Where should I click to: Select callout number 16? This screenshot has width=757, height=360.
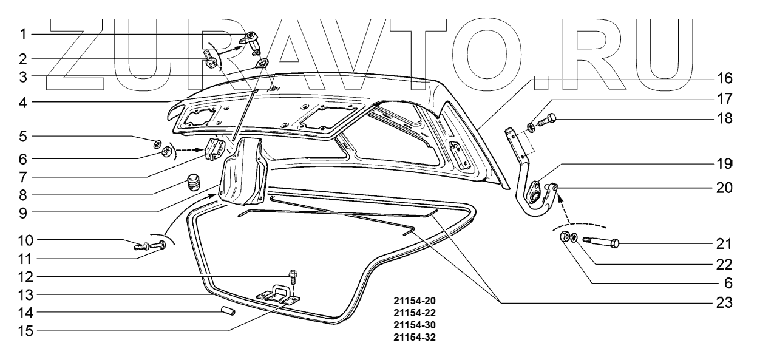click(726, 79)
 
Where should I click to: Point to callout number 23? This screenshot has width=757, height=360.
click(726, 303)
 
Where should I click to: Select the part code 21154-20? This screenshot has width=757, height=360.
click(415, 301)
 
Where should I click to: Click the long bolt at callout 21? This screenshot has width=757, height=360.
click(601, 243)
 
